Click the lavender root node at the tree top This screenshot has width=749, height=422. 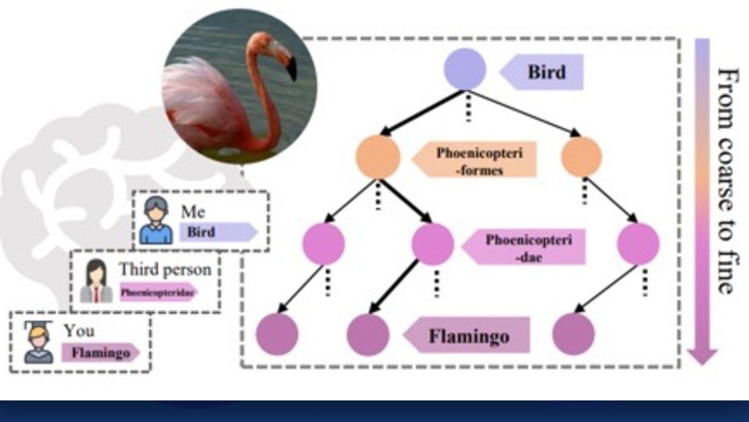click(464, 68)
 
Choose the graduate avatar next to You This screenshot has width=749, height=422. click(38, 343)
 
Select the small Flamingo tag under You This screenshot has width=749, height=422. click(100, 353)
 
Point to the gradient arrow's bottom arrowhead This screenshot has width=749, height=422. click(702, 356)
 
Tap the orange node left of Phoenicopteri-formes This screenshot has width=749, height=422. click(378, 157)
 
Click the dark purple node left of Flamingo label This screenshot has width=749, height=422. click(368, 334)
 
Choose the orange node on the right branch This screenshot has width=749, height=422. click(581, 156)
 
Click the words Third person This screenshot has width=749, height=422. click(165, 270)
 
